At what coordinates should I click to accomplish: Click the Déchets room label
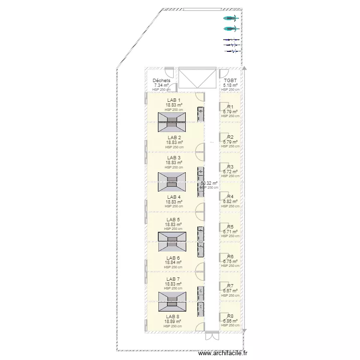point(161,81)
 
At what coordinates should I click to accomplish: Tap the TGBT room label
point(230,81)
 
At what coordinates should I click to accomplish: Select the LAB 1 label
point(174,100)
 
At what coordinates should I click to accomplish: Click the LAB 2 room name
point(174,138)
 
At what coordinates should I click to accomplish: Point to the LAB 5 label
point(174,219)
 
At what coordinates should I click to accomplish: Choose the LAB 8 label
point(173,317)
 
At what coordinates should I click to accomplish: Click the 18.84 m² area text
point(174,263)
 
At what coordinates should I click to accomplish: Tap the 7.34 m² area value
point(161,85)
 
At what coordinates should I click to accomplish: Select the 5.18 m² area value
point(230,85)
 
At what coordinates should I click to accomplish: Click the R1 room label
point(230,107)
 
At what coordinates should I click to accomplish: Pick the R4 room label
point(230,197)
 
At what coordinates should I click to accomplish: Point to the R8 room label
point(230,316)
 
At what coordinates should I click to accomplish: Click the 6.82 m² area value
point(230,202)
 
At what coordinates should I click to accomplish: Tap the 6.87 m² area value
point(230,291)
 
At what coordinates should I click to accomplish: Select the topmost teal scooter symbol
point(231,19)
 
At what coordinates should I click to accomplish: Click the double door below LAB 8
point(211,336)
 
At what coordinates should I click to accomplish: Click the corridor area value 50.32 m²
point(209,183)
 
